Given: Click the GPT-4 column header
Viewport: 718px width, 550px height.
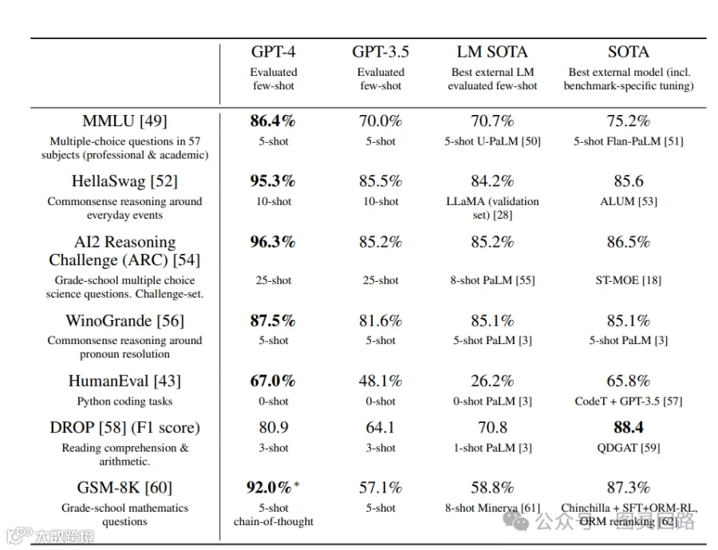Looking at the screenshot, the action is pos(274,52).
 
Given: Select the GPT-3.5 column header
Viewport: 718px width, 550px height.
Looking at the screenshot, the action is pos(381,52).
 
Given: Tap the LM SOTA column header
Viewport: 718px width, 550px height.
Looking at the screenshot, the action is pos(492,52).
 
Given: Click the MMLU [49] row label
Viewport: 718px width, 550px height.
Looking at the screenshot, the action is pos(124,121).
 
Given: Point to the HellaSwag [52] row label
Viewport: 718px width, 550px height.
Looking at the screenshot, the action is pos(124,181).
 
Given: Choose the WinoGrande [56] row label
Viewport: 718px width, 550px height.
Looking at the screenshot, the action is pos(124,320).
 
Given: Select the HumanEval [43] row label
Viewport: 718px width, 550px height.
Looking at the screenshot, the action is pos(124,381).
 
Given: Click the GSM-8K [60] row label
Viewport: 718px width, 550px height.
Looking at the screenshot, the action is pos(124,487).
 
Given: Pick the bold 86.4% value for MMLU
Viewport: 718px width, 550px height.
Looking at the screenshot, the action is pos(273,121).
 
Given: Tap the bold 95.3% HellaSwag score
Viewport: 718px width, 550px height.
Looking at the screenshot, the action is pos(273,181).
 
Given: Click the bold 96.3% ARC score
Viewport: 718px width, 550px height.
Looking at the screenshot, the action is pos(273,242).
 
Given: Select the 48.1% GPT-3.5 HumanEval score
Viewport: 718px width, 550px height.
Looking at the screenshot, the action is pos(381,381).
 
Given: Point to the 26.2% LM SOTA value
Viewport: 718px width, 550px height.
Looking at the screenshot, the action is pos(492,381).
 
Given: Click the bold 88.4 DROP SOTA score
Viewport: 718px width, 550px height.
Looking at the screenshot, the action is pos(629,428).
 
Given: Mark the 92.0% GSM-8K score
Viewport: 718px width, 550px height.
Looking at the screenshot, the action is pos(270,487).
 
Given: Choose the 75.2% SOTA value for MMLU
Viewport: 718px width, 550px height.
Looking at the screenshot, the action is pos(629,121).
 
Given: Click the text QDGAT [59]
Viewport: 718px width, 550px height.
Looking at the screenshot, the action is pos(629,448).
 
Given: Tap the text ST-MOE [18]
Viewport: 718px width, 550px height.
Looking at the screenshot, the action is pos(629,280).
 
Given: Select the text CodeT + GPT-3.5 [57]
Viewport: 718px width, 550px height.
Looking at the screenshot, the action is pos(629,402).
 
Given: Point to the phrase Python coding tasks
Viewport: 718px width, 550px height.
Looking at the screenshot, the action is pos(124,402).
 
